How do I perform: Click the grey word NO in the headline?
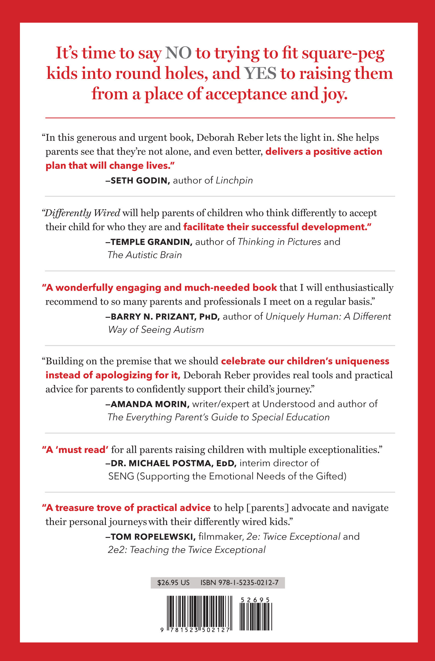click(178, 53)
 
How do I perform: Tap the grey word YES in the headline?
click(260, 74)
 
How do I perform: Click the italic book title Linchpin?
click(234, 181)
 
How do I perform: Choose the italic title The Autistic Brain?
click(145, 255)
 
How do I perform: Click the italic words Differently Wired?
click(83, 213)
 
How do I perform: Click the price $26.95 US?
click(173, 582)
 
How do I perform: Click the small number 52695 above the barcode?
click(255, 600)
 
